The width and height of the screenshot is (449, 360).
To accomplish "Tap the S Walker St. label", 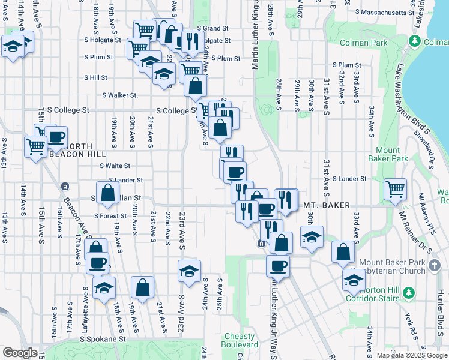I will (120, 95).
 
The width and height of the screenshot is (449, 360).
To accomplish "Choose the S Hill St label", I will (95, 77).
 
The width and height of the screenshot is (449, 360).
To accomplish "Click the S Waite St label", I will (115, 166).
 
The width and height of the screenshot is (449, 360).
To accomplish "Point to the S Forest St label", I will (110, 216).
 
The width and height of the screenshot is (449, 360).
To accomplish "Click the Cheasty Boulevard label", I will (249, 340).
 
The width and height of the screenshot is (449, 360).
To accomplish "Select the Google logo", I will (20, 353).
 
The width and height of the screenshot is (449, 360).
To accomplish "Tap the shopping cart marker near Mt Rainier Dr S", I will (396, 190).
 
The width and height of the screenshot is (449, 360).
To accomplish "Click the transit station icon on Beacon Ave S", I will (65, 187).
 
